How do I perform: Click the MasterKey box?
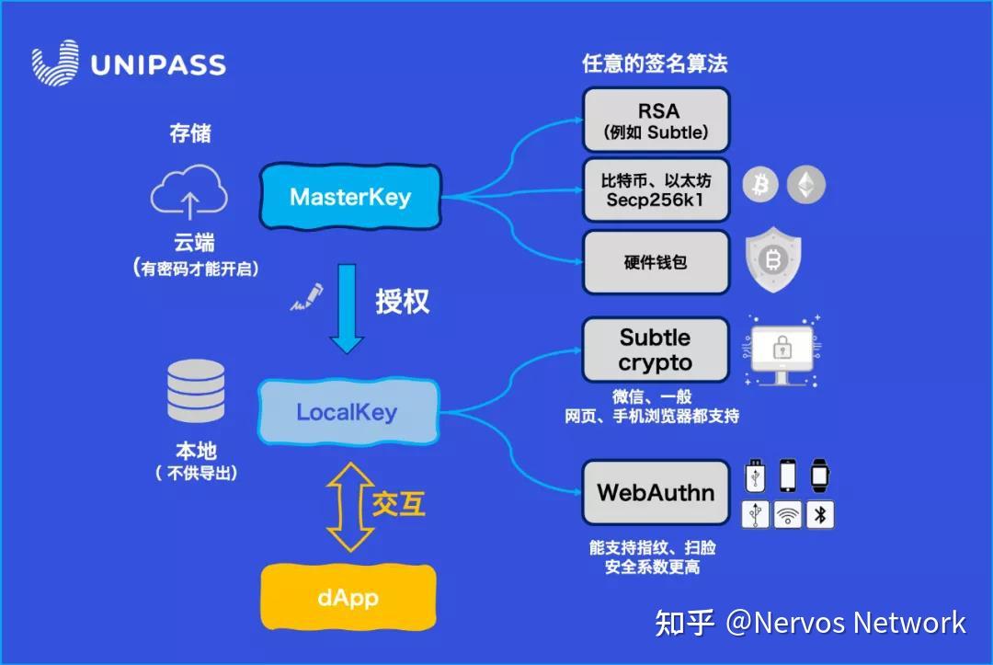click(350, 196)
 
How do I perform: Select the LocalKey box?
click(347, 411)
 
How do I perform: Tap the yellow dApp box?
click(348, 598)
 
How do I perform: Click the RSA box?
click(656, 120)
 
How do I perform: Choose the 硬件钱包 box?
click(656, 262)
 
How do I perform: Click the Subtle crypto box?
click(656, 350)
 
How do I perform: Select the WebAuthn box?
click(656, 492)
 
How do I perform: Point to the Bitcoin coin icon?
click(760, 185)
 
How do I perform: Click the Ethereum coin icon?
click(806, 185)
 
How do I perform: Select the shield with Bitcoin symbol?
click(772, 260)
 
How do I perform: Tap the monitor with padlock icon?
click(782, 353)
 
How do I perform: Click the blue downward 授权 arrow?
click(348, 308)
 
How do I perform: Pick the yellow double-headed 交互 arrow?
click(348, 507)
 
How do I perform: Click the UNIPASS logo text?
click(158, 65)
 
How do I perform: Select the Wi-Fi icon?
click(788, 515)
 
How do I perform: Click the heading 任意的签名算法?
click(655, 63)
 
